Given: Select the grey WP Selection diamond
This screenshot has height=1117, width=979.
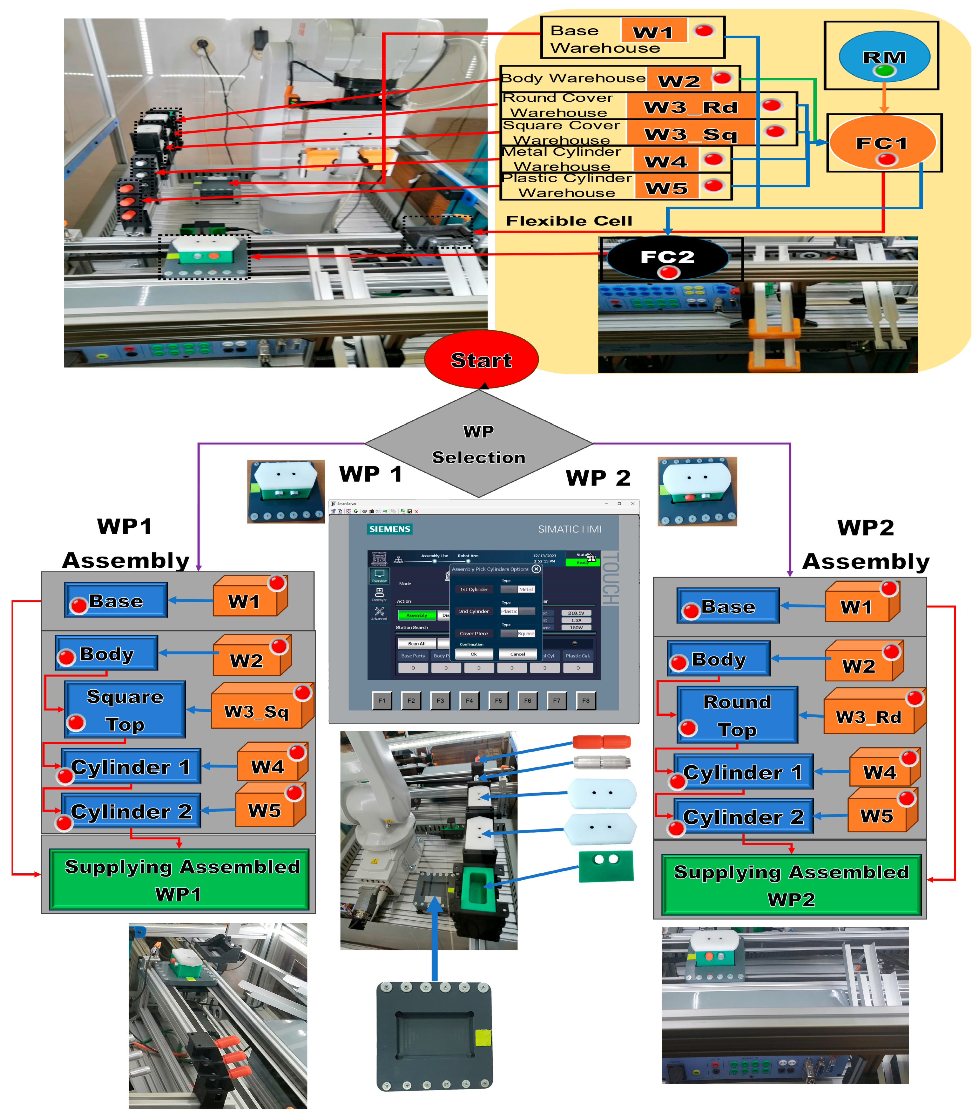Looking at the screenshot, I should (x=479, y=444).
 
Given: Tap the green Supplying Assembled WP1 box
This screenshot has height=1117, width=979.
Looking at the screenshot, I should (x=179, y=879).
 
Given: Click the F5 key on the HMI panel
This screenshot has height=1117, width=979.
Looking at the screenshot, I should (x=498, y=700).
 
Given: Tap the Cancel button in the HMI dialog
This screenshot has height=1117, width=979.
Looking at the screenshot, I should (x=517, y=654).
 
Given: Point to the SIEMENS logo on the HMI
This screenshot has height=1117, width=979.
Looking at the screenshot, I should (x=389, y=529).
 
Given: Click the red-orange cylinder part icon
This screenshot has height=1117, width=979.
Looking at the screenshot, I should (x=602, y=741).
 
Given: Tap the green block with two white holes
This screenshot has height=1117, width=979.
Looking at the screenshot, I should (x=606, y=866).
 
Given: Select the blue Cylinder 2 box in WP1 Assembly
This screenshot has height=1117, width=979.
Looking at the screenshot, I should (x=131, y=811).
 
